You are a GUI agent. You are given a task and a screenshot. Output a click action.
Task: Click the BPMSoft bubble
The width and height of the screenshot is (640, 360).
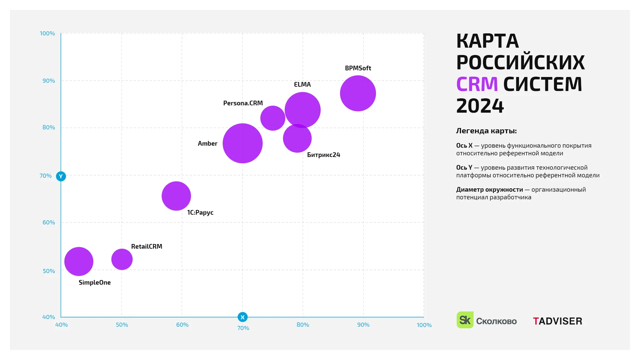point(358,93)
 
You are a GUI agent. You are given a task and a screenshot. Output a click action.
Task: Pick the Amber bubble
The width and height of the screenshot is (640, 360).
point(242,143)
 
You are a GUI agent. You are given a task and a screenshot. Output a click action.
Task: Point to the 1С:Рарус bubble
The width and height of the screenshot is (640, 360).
point(176,196)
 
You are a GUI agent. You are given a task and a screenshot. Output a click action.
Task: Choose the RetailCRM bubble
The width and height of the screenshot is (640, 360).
point(122,259)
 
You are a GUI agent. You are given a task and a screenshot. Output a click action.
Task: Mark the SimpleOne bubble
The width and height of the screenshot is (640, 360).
point(79,261)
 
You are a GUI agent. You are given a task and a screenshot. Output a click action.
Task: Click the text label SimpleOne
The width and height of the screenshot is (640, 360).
point(95,283)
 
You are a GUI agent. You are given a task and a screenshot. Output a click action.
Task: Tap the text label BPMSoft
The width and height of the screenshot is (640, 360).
point(358,68)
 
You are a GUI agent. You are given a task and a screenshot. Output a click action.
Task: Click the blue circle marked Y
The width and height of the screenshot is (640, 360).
point(61,176)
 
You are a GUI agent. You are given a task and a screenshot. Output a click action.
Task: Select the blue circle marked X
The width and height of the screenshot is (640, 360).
point(242,317)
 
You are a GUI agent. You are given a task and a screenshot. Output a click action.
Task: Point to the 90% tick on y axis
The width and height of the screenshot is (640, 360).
point(49,81)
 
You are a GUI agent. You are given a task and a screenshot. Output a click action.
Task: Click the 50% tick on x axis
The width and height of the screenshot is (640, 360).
point(122,325)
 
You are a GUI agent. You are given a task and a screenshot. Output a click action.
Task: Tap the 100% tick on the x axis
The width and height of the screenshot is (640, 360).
point(424,325)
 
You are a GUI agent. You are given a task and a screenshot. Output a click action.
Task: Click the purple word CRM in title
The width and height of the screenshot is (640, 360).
point(477,84)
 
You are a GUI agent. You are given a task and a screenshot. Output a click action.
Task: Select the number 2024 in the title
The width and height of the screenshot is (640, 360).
point(480,106)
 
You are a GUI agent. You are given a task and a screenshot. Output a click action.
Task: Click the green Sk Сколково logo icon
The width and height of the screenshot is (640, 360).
point(465,320)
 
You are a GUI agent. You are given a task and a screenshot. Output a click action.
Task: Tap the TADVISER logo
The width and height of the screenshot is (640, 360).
point(557,321)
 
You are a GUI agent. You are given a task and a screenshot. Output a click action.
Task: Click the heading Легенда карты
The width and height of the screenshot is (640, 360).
point(486,131)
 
